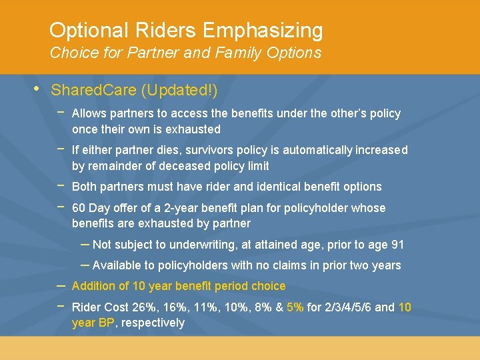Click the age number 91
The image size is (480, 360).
(397, 245)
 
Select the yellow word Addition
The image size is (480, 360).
(92, 286)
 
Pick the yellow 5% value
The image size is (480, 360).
(295, 307)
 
